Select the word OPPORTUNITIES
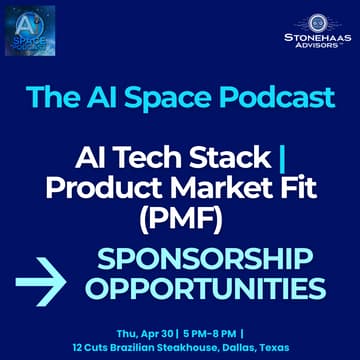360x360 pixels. point(205,290)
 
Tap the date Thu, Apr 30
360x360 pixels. point(146,332)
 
